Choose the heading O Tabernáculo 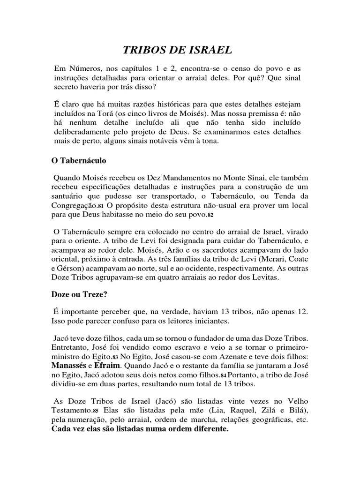pos(79,161)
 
